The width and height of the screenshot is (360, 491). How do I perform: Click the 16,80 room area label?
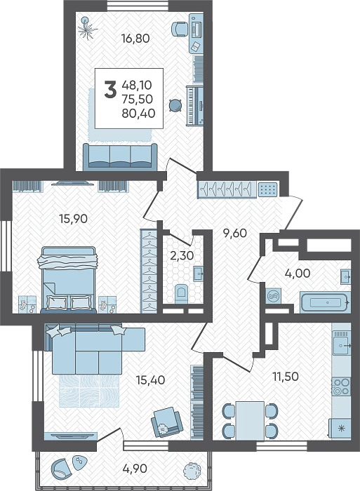pos(135,39)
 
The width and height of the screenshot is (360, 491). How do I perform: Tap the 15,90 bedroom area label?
pos(73,219)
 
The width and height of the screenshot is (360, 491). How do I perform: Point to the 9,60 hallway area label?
pos(235,233)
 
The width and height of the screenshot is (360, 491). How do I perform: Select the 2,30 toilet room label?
pos(182,256)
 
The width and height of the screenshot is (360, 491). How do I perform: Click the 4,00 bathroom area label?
pos(298,274)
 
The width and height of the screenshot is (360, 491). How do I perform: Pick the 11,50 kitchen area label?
pos(286,377)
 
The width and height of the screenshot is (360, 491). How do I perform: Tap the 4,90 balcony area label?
pos(135,469)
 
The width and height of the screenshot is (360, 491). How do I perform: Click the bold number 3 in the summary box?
pos(110,89)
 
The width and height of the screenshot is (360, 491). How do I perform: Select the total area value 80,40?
pos(138,114)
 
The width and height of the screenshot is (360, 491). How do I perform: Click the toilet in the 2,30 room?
pos(181,295)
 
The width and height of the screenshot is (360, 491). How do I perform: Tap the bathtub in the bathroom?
pos(325,302)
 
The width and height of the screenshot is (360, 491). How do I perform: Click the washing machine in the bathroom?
pos(274,295)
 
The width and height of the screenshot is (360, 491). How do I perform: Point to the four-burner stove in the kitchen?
pos(341,386)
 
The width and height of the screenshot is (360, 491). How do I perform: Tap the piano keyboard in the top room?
pos(195,105)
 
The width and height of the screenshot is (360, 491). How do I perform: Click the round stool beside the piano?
pos(175,105)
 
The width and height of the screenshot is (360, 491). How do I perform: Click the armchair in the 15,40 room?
pos(167,422)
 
